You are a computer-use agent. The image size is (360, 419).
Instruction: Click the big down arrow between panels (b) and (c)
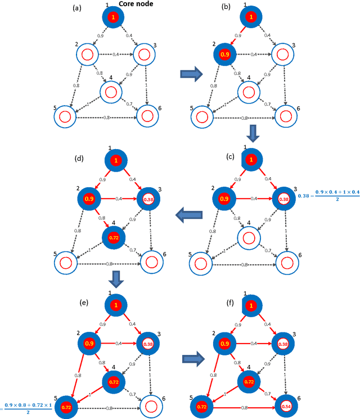point(253,134)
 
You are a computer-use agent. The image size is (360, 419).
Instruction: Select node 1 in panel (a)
point(112,19)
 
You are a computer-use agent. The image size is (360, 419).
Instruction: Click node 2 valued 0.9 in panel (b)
point(223,55)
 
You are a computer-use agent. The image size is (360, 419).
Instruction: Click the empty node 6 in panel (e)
point(150,405)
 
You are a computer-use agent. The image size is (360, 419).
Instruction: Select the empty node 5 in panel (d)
point(65,262)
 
